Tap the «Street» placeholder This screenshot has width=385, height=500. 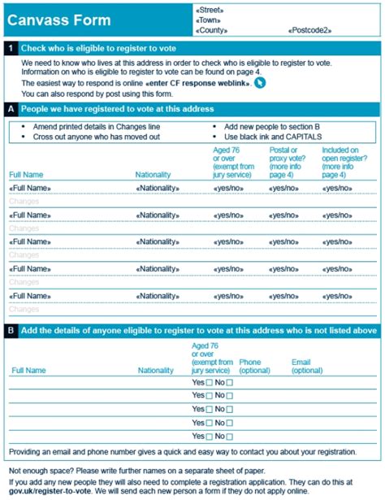209,9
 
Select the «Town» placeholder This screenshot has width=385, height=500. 208,20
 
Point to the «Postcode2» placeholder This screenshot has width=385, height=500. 309,31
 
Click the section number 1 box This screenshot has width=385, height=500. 10,49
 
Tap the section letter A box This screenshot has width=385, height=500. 10,108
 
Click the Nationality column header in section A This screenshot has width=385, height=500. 154,175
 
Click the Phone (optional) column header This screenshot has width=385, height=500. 250,366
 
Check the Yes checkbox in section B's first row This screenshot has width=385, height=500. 210,383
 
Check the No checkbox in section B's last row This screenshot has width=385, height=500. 229,437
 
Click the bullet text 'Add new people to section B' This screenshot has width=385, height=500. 270,128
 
